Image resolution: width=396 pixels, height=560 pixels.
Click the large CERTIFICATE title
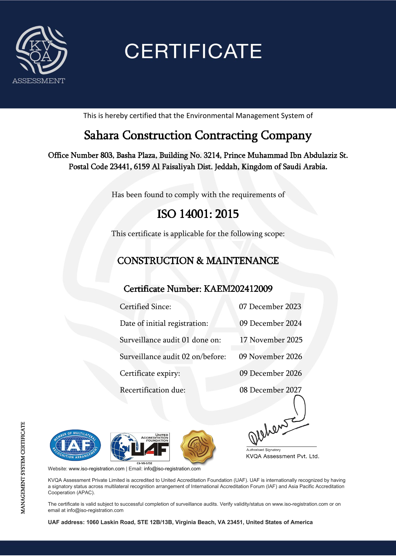click(x=193, y=51)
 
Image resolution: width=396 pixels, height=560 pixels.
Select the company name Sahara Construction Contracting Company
click(x=198, y=135)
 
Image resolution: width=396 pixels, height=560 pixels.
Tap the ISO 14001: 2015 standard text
click(x=198, y=214)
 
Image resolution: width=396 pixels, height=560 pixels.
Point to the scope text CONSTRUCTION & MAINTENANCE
click(x=198, y=261)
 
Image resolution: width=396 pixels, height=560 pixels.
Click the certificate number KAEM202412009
click(x=238, y=289)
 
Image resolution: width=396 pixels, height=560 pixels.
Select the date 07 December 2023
click(x=270, y=307)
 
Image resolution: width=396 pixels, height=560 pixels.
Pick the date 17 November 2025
click(x=271, y=340)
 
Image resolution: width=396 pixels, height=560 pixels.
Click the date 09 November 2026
click(x=270, y=357)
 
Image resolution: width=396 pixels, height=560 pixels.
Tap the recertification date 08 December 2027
click(x=270, y=390)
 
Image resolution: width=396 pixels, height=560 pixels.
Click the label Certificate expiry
click(x=150, y=373)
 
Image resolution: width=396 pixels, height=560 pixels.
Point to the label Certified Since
click(x=145, y=307)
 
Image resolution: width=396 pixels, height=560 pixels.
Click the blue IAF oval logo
click(x=75, y=445)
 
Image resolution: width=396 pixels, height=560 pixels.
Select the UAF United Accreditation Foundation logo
click(x=140, y=447)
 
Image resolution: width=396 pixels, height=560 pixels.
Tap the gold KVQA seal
click(x=198, y=447)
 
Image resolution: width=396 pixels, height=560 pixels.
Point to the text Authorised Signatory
click(x=263, y=450)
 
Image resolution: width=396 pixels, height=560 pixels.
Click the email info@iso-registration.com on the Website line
click(x=172, y=469)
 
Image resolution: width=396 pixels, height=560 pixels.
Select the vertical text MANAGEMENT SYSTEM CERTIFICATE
click(x=23, y=467)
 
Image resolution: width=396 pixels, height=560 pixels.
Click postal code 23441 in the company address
click(x=120, y=167)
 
